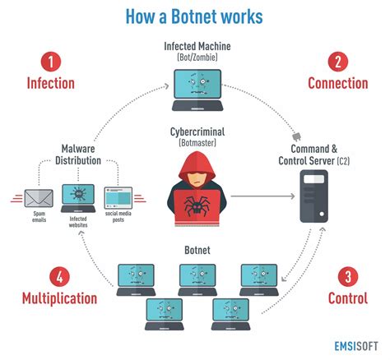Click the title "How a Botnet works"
(x=195, y=16)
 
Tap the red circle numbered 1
(x=51, y=61)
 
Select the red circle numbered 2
(x=337, y=61)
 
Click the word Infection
(x=51, y=83)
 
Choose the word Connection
(x=337, y=83)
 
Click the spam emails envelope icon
(x=37, y=197)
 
